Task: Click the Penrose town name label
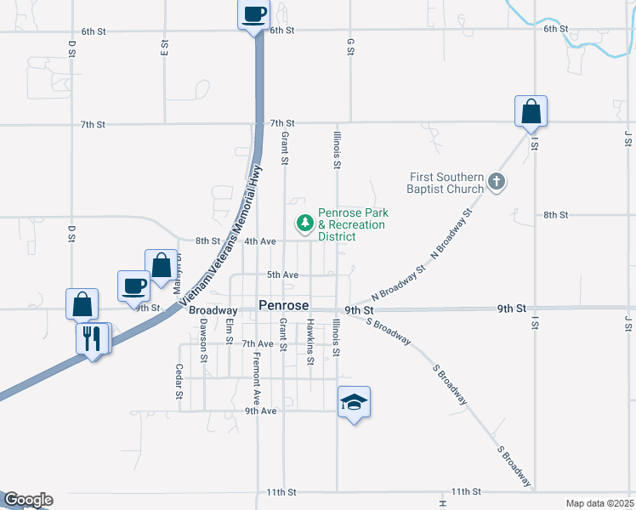tap(283, 305)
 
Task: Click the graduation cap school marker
tap(355, 402)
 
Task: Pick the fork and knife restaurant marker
tap(92, 338)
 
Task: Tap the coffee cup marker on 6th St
tap(254, 14)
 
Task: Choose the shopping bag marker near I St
tap(530, 111)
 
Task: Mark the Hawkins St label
tap(311, 343)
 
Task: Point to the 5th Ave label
tap(282, 275)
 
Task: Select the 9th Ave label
tap(261, 411)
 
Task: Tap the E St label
tap(164, 47)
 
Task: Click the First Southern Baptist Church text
tap(446, 183)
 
